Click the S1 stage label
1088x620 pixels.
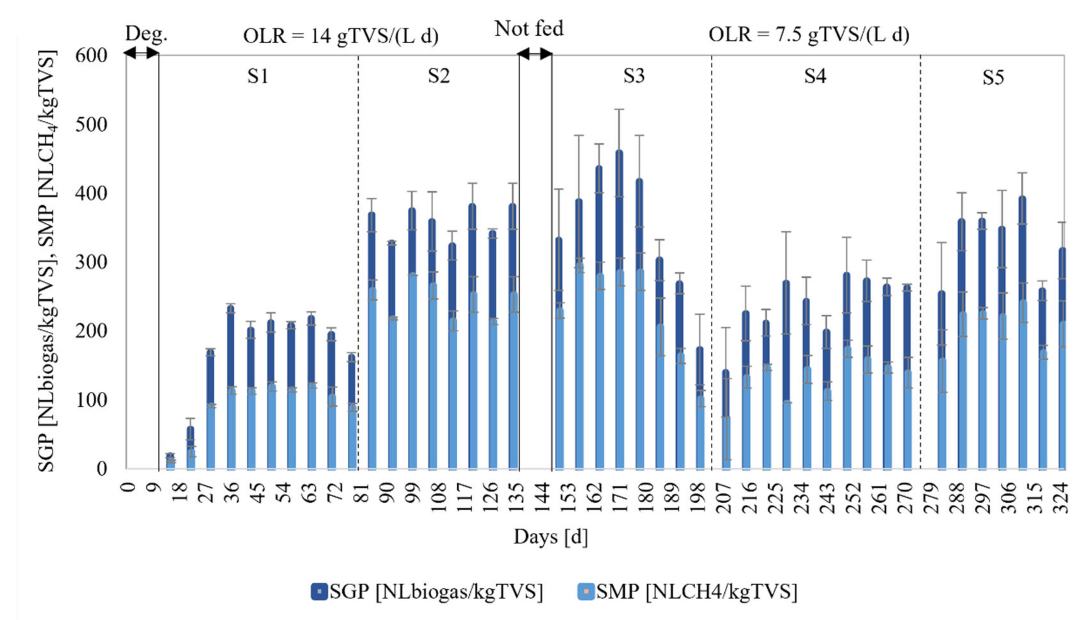258,76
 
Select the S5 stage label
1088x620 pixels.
993,78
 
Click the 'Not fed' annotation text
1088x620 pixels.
529,29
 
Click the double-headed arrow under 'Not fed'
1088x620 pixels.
535,54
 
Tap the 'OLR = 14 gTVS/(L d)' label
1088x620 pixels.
341,36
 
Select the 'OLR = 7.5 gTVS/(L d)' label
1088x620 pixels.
809,34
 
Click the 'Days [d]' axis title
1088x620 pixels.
550,537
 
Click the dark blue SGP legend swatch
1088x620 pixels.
319,592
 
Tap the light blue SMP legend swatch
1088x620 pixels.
585,592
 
